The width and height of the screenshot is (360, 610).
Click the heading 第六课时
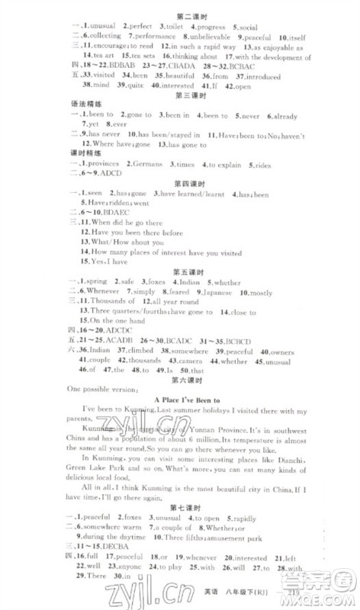188,378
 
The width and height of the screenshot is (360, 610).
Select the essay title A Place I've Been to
188,400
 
